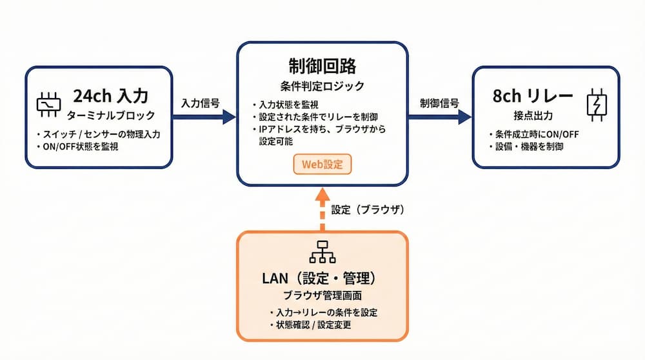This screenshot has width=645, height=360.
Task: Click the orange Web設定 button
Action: point(322,164)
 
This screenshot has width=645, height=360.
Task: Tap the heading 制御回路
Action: point(322,66)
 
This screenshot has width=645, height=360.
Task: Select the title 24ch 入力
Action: point(111,96)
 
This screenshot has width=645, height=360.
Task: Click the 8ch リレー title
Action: point(533,96)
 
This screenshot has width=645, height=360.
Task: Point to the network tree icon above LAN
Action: point(322,252)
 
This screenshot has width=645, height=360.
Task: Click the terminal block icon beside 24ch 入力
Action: point(48,105)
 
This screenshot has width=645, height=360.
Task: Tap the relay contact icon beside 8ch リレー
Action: point(597,105)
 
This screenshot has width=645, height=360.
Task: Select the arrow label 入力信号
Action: point(201,103)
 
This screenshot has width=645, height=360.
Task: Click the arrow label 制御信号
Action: point(439,103)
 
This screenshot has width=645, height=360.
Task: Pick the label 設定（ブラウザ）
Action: point(368,210)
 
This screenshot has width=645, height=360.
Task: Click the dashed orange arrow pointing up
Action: point(322,210)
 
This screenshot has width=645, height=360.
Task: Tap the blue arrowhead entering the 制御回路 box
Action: point(230,117)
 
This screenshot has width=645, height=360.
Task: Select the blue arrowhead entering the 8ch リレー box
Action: point(465,117)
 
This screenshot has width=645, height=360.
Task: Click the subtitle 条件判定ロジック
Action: point(322,86)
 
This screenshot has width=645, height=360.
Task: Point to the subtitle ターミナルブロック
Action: point(111,115)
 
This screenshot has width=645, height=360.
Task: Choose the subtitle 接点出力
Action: point(533,115)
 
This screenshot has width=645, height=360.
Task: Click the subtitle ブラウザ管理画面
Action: point(322,295)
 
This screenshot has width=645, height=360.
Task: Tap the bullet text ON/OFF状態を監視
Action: point(81,146)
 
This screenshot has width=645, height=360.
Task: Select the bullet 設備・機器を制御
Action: point(530,146)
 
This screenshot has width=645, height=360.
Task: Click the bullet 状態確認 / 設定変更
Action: point(313,325)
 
